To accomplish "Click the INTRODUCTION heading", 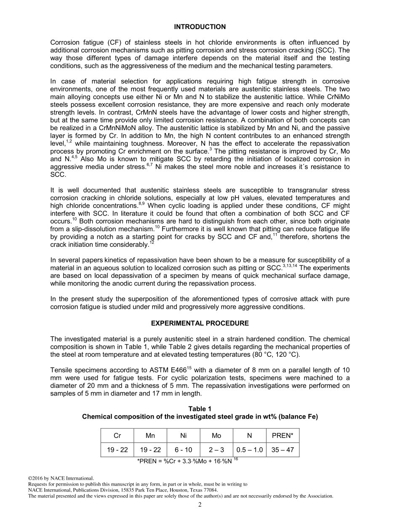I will click(200, 27).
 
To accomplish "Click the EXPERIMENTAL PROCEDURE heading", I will click(200, 323).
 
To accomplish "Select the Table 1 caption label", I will click(200, 409).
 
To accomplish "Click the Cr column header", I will click(117, 436).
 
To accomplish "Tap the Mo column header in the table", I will click(216, 436).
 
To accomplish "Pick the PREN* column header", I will click(283, 436).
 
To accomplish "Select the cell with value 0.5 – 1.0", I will click(250, 450).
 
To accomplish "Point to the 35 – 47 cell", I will click(283, 450).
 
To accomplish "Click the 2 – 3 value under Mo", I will click(216, 450).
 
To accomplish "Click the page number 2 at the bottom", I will click(200, 505).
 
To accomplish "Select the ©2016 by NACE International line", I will click(61, 478).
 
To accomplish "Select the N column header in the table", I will click(250, 436).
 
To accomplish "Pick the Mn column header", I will click(150, 436).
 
